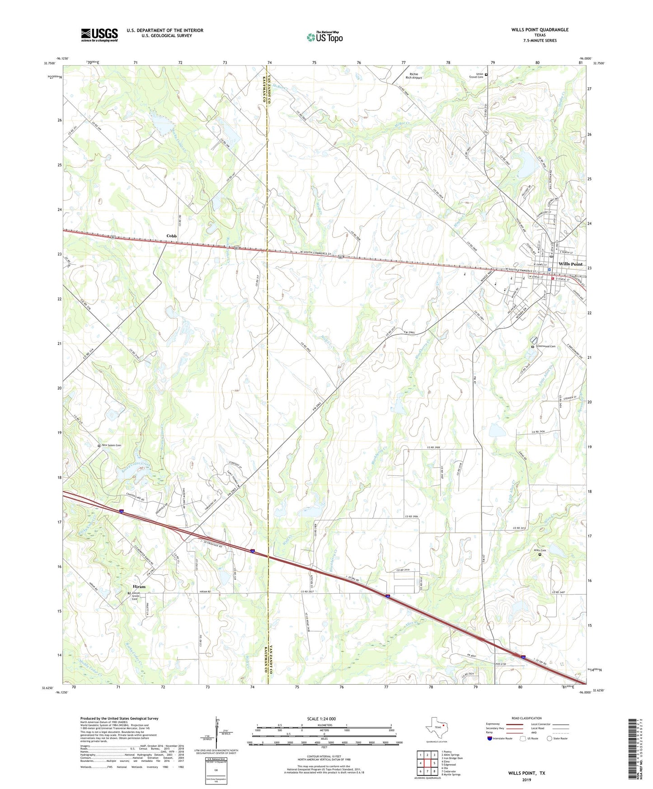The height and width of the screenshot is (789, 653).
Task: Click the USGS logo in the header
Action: (x=99, y=35)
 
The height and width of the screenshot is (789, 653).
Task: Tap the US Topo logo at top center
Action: (x=324, y=37)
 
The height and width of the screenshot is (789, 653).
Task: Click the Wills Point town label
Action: (x=570, y=264)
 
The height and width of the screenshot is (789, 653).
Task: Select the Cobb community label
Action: (x=171, y=236)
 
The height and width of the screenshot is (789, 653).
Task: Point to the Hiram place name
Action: (x=139, y=587)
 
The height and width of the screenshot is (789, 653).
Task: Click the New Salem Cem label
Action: (x=111, y=446)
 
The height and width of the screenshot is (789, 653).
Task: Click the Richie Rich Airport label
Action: (x=413, y=76)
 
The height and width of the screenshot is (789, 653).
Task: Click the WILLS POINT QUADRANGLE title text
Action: (x=540, y=30)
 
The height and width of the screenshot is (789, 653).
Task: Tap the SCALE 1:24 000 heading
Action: (x=324, y=719)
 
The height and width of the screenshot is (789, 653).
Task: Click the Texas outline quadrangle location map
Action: (x=436, y=728)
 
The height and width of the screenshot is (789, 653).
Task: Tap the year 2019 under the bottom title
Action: (x=526, y=780)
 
